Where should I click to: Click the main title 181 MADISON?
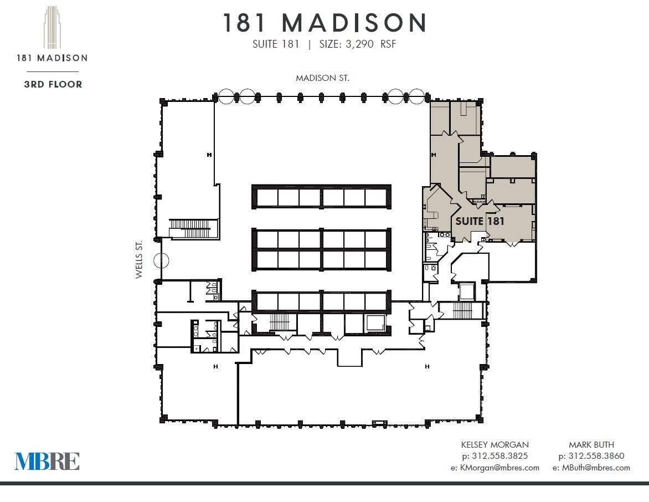tap(325, 23)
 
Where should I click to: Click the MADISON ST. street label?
tap(322, 78)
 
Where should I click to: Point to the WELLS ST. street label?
tap(140, 259)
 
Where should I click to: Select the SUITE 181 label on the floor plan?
tap(480, 221)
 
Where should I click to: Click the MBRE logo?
tap(47, 461)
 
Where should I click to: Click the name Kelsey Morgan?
tap(495, 444)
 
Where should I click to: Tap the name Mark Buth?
tap(591, 444)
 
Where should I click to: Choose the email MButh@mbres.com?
tap(591, 468)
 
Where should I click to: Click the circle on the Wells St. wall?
tap(162, 259)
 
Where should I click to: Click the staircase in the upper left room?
tap(190, 228)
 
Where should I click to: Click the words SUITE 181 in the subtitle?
tap(275, 44)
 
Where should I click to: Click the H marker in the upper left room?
tap(209, 155)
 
